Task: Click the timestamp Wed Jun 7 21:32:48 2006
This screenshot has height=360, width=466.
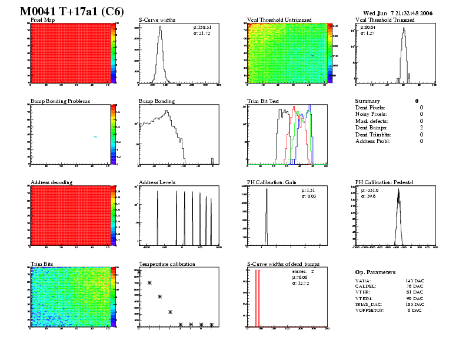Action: pyautogui.click(x=398, y=13)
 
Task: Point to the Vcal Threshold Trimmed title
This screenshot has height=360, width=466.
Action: pyautogui.click(x=385, y=20)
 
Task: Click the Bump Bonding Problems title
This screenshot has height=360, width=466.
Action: pyautogui.click(x=60, y=101)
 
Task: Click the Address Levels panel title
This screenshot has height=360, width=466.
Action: pyautogui.click(x=157, y=182)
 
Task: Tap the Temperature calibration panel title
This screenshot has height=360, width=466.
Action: pyautogui.click(x=167, y=264)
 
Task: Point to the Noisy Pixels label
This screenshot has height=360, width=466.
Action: pyautogui.click(x=370, y=114)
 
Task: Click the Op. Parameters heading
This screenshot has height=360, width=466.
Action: pyautogui.click(x=375, y=272)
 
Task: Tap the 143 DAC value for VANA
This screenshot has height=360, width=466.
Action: pyautogui.click(x=415, y=282)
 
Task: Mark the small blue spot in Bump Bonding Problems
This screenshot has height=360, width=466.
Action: pyautogui.click(x=95, y=137)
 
